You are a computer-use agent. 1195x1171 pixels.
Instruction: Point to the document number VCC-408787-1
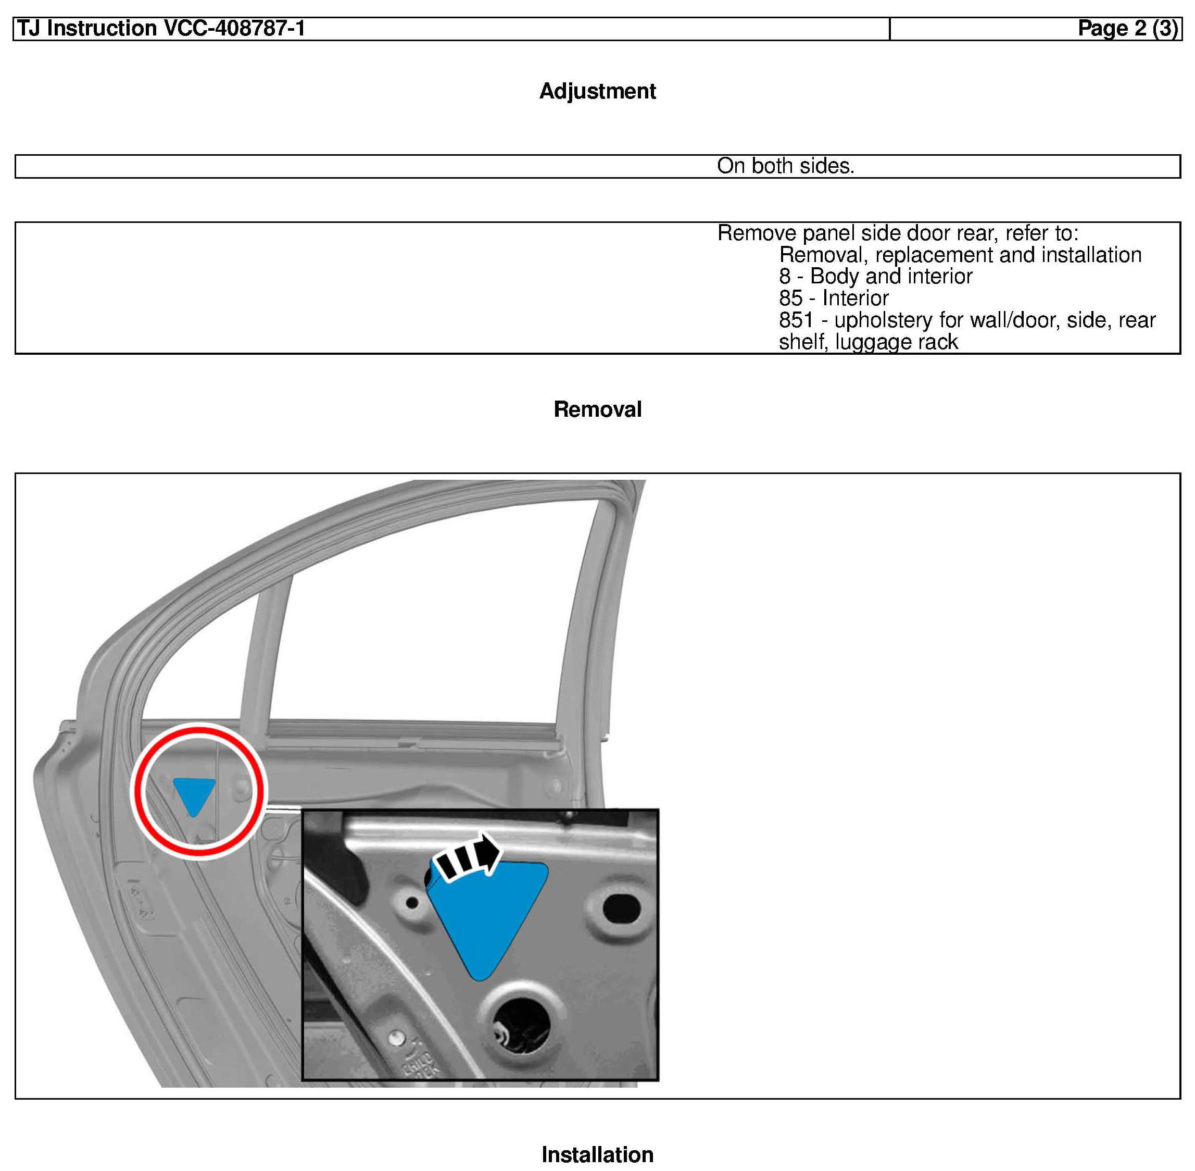pos(234,28)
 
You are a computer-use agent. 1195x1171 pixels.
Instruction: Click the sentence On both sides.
pos(785,166)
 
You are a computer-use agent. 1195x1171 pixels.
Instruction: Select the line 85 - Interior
pos(833,298)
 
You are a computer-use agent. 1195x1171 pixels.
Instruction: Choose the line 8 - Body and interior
pos(875,276)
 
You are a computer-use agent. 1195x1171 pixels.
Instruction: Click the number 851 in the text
pos(796,320)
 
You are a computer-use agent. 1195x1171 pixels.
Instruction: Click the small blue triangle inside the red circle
pos(194,794)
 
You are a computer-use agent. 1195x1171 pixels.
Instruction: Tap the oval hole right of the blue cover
pos(622,908)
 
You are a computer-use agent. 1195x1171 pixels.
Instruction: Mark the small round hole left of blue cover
pos(412,903)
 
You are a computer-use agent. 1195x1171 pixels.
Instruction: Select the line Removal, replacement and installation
pos(960,255)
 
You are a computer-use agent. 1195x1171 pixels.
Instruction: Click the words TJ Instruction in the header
pos(86,28)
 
